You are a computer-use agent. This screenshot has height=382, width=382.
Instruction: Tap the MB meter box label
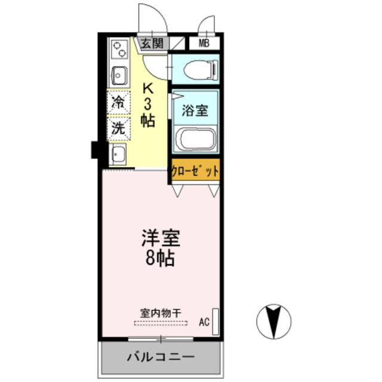[204, 43]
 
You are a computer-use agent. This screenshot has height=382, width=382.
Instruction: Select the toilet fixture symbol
[198, 70]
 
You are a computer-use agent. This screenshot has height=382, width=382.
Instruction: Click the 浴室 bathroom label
[195, 110]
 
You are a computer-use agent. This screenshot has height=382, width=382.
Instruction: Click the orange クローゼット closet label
[195, 170]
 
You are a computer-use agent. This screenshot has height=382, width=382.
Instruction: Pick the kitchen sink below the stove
[118, 76]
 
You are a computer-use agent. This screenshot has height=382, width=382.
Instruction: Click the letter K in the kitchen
[148, 87]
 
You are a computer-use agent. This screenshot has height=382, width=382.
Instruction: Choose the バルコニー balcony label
[160, 358]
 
